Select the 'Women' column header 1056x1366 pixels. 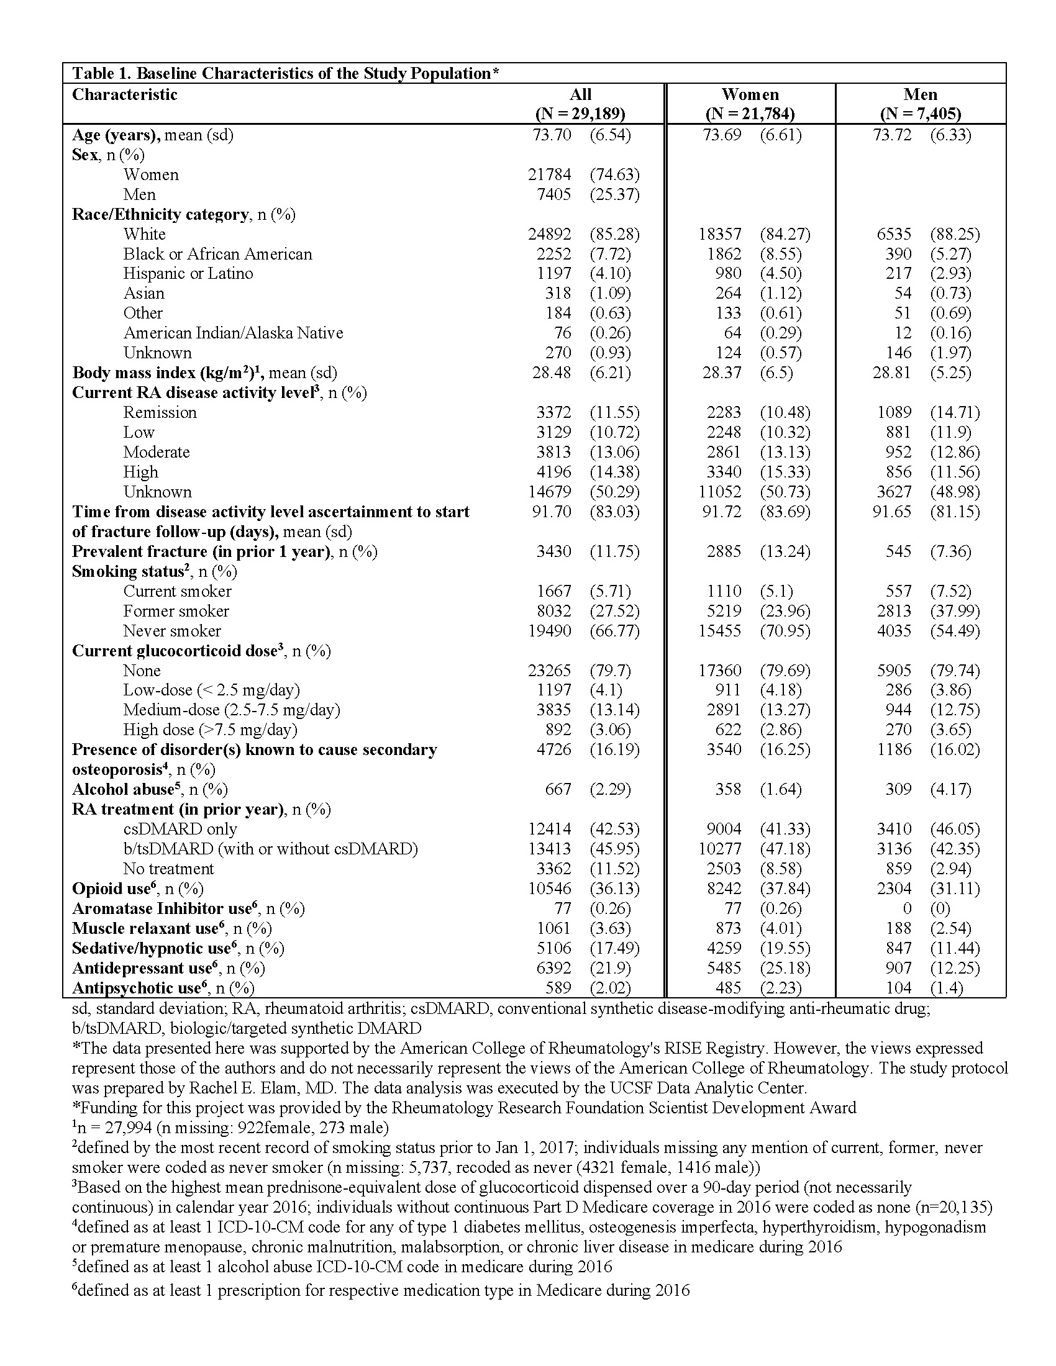(x=750, y=95)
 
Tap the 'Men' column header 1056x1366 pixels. (x=920, y=95)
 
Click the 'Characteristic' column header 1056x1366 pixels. (x=124, y=95)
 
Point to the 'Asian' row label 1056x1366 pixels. (x=144, y=293)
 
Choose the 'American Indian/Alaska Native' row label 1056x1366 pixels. (x=233, y=333)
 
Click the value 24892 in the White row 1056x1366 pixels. (x=549, y=235)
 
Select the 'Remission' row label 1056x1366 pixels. (x=160, y=412)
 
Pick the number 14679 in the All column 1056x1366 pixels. (x=549, y=492)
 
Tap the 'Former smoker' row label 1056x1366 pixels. (x=176, y=611)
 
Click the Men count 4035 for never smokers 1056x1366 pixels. (x=894, y=631)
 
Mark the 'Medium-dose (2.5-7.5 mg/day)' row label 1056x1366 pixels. (x=232, y=710)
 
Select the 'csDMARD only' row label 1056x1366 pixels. (x=180, y=830)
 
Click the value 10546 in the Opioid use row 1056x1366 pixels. (x=549, y=889)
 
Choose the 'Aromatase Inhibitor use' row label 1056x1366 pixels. (x=161, y=909)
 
